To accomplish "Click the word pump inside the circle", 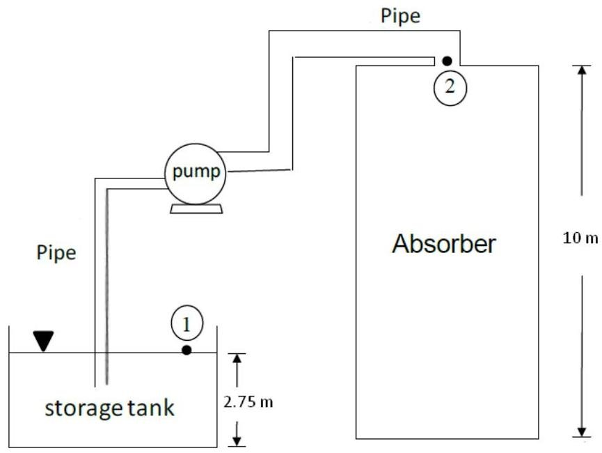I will coord(196,172).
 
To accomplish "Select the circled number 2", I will coord(450,87).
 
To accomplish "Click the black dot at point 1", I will coord(187,350).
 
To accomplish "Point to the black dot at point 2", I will coord(447,61).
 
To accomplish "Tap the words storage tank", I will coord(109,408).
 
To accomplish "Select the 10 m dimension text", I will coord(580,238).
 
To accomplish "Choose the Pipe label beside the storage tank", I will coord(56,252).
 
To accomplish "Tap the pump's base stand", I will coord(196,209).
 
